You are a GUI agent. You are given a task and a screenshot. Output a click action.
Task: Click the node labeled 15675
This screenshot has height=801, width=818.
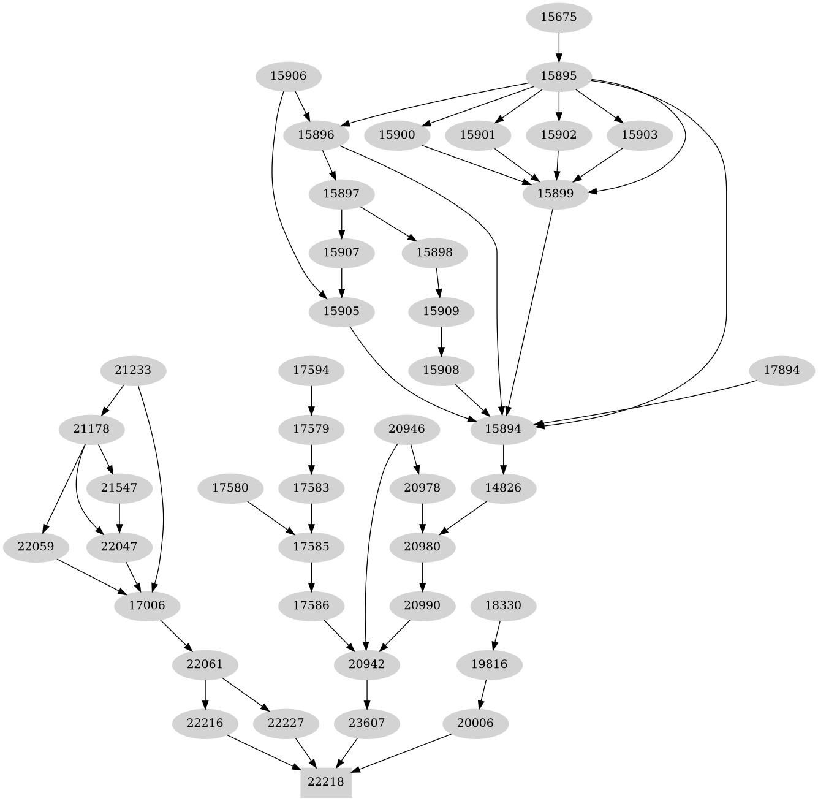559,17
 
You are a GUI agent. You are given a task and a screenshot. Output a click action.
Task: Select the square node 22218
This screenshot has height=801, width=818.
326,782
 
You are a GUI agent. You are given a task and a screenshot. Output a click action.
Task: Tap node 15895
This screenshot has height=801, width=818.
559,76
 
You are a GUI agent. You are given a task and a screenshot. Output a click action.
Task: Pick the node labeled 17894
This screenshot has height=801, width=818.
782,370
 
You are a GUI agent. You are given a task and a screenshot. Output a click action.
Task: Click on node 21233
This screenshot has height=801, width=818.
133,370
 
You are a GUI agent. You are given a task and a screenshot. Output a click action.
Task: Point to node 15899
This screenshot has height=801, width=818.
555,194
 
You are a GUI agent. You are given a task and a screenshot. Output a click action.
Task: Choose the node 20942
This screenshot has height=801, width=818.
367,664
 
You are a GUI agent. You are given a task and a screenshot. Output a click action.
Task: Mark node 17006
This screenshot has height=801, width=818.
147,605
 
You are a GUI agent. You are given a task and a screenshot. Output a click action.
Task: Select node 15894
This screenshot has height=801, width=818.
503,429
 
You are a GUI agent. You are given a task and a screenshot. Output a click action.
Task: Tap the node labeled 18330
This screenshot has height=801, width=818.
503,605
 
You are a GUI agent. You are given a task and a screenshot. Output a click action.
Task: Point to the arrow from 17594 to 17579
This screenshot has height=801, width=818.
312,400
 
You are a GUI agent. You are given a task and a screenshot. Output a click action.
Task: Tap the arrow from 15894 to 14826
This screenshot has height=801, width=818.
503,458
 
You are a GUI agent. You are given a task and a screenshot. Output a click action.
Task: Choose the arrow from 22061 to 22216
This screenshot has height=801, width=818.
205,694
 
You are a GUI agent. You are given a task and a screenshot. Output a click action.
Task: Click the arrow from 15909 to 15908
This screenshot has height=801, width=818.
441,341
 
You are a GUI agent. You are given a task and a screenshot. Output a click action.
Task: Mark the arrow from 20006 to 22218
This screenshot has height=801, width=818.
404,753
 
